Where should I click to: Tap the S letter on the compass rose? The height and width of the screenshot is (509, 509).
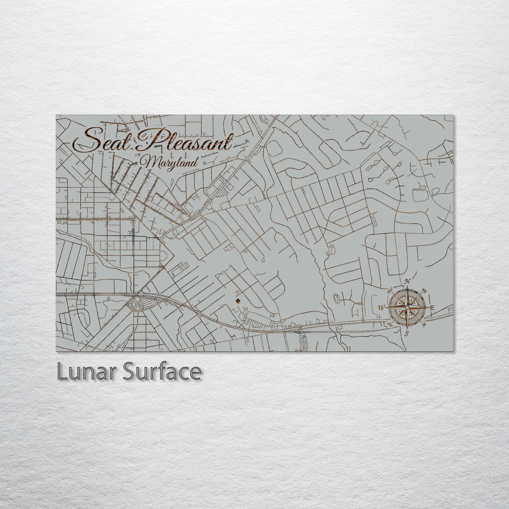click(x=406, y=334)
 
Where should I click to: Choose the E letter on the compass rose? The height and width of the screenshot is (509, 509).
click(x=433, y=308)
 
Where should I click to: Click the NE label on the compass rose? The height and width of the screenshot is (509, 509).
click(x=424, y=291)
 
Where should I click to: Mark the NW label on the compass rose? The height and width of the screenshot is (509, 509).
click(x=390, y=291)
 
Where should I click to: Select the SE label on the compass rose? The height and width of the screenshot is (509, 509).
click(x=424, y=324)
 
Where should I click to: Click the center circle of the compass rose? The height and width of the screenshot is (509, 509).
click(x=407, y=308)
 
